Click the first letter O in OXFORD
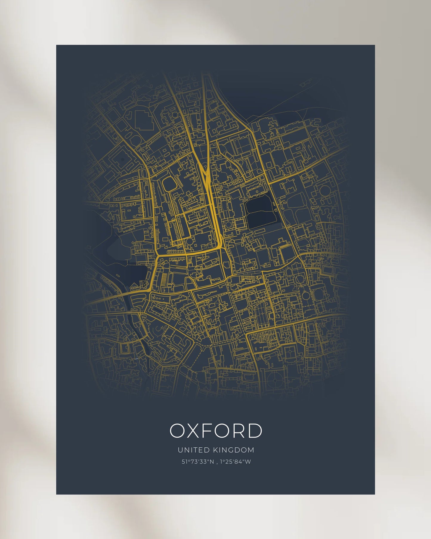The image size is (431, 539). coord(177,431)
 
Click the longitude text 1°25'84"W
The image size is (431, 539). coord(235,462)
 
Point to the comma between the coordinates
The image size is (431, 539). coord(217,463)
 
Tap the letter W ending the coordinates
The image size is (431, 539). coord(248,462)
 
